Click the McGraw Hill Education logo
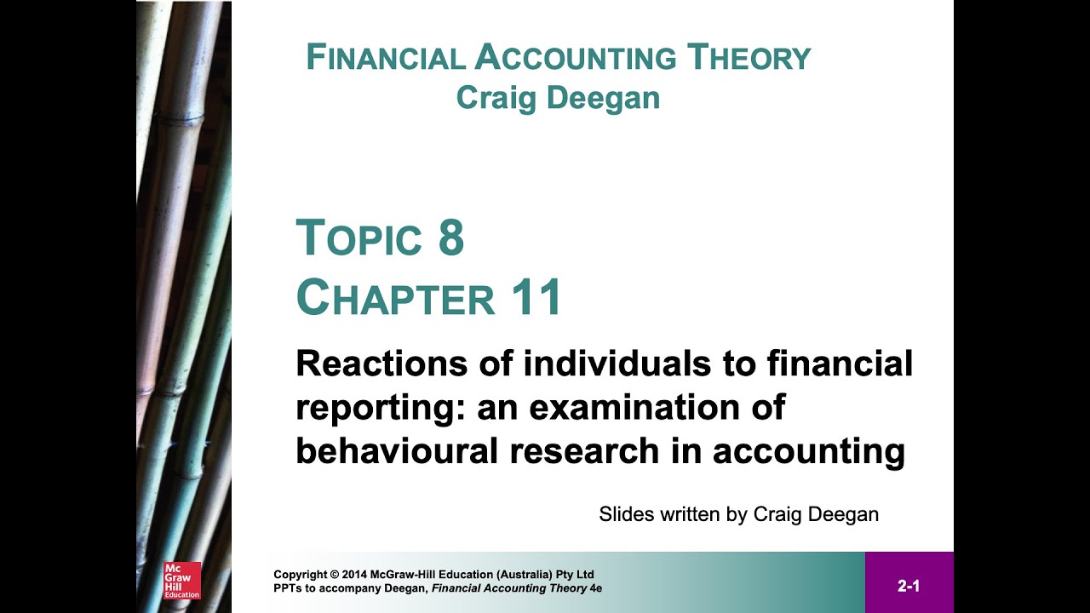tap(181, 580)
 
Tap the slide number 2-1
tap(909, 586)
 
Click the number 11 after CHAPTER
tap(536, 298)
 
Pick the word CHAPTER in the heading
tap(395, 298)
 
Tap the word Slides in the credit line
tap(624, 514)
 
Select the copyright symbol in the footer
tap(335, 574)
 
